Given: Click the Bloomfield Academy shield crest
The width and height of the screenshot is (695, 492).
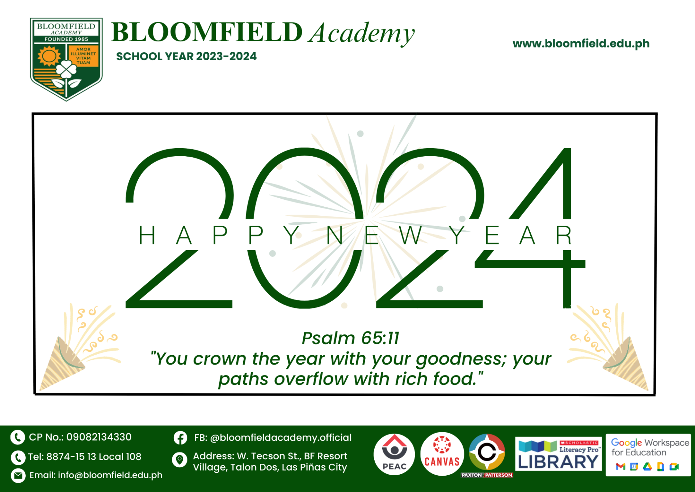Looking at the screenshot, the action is pyautogui.click(x=66, y=59).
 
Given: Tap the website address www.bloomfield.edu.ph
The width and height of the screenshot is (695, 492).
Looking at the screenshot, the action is pyautogui.click(x=581, y=44).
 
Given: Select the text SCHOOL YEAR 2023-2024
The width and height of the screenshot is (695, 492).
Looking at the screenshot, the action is pyautogui.click(x=186, y=57).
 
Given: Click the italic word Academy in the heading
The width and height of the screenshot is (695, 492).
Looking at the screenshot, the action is pyautogui.click(x=362, y=34).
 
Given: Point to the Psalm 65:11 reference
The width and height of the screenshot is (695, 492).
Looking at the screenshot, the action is pyautogui.click(x=350, y=338).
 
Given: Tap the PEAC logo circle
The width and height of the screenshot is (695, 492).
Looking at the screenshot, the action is pyautogui.click(x=394, y=454).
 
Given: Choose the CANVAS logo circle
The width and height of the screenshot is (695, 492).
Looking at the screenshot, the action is pyautogui.click(x=442, y=454).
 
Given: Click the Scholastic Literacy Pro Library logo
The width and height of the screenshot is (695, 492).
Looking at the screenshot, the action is pyautogui.click(x=558, y=454).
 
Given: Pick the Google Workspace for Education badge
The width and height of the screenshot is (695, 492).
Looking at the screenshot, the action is pyautogui.click(x=648, y=455).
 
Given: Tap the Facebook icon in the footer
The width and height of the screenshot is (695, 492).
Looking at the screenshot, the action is pyautogui.click(x=180, y=438).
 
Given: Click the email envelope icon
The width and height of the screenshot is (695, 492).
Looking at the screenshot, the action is pyautogui.click(x=18, y=475).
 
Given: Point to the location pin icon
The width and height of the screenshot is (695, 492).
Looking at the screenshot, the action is pyautogui.click(x=179, y=460).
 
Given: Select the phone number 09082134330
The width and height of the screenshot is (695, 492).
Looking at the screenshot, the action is pyautogui.click(x=99, y=437).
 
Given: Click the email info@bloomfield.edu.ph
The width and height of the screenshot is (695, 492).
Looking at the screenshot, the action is pyautogui.click(x=110, y=475).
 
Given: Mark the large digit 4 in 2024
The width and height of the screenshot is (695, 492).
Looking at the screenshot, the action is pyautogui.click(x=539, y=228).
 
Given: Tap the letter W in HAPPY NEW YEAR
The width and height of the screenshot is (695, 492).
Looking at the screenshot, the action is pyautogui.click(x=411, y=235).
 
